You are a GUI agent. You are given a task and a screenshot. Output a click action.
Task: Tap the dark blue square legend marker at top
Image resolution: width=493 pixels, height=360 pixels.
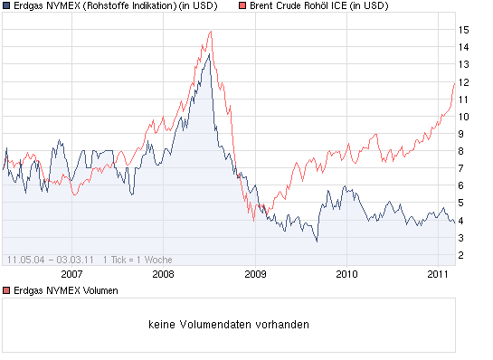(x=6, y=6)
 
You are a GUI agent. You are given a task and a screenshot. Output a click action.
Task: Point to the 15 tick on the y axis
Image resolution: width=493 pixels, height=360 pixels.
(x=463, y=30)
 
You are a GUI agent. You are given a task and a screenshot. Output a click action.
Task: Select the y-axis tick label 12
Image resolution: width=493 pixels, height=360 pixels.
(x=463, y=82)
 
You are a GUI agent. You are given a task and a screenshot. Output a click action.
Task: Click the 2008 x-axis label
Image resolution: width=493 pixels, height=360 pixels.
(x=163, y=273)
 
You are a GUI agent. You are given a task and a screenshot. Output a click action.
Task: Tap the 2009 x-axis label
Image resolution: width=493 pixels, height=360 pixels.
(x=255, y=273)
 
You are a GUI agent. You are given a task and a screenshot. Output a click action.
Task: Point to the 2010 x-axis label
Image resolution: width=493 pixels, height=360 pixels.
(x=346, y=273)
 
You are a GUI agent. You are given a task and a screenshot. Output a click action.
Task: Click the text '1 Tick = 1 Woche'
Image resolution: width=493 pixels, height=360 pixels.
(x=137, y=259)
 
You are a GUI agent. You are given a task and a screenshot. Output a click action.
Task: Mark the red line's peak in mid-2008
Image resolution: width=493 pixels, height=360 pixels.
(x=210, y=32)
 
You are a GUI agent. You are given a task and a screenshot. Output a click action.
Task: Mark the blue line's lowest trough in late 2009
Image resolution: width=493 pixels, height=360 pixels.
(x=317, y=242)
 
